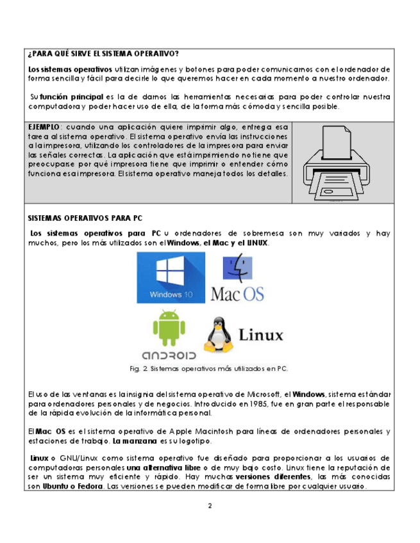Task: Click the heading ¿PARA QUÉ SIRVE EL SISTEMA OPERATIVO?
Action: [x=103, y=53]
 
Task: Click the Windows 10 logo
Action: [x=171, y=277]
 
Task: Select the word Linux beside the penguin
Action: [x=260, y=334]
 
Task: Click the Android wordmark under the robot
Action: [x=168, y=354]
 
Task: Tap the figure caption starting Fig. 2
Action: [x=208, y=368]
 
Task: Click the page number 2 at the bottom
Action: [x=210, y=506]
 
